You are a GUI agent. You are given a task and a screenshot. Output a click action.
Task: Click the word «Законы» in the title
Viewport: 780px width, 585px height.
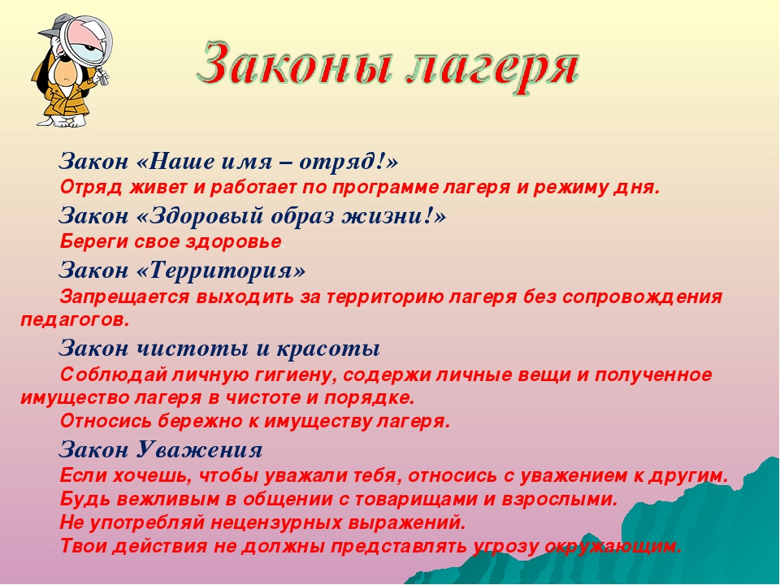pos(292,63)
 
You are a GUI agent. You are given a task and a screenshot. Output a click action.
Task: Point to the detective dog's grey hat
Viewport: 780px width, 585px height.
pos(50,26)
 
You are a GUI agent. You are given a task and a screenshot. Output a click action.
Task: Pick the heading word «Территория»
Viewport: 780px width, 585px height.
pos(220,270)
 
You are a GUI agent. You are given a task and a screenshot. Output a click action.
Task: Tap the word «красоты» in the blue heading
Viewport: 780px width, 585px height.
pos(328,348)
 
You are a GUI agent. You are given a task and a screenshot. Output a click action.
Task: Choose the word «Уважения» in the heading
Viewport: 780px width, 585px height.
pos(198,449)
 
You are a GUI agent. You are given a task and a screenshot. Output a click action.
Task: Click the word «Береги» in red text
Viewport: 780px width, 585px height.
pos(89,242)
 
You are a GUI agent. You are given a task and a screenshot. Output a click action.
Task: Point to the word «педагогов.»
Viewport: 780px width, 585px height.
pos(75,320)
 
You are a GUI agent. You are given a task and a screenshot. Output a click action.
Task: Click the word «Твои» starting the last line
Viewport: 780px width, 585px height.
pos(83,546)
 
